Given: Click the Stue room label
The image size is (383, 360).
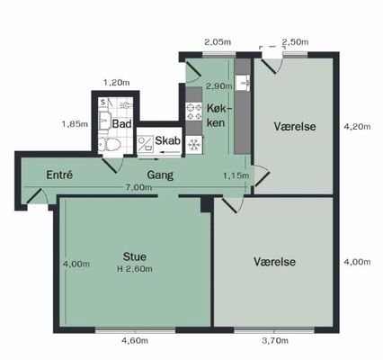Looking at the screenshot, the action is (x=135, y=256).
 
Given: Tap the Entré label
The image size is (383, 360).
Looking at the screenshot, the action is (x=59, y=175).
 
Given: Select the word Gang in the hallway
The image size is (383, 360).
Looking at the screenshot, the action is (x=160, y=175).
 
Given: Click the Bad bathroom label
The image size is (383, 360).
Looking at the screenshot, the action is (x=121, y=123).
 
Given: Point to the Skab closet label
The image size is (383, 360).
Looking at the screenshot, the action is (x=167, y=140).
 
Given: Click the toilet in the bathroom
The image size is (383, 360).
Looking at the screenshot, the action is (x=110, y=145).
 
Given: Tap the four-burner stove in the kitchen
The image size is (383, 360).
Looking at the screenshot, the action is (x=194, y=112).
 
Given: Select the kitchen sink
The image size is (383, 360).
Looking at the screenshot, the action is (x=242, y=83).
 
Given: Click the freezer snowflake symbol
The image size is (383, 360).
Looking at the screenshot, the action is (x=194, y=145).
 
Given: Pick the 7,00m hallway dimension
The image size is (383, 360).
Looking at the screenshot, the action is (x=138, y=187).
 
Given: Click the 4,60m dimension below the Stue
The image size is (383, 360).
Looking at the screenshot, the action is (x=135, y=341).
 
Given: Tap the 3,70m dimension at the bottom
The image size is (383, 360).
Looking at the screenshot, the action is (x=275, y=340).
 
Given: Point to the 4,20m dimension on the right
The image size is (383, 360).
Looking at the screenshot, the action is (x=357, y=127).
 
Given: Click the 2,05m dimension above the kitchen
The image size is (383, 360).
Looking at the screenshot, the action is (x=218, y=42).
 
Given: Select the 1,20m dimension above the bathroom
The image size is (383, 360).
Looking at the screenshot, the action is (x=117, y=82).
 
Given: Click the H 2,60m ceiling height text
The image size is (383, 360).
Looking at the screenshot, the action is (x=135, y=269).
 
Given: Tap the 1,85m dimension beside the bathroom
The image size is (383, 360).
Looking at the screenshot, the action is (x=75, y=124).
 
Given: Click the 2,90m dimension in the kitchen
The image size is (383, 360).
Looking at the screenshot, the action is (x=219, y=86).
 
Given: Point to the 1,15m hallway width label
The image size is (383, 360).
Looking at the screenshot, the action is (x=236, y=175).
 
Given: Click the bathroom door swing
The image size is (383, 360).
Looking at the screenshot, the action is (x=112, y=166).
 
